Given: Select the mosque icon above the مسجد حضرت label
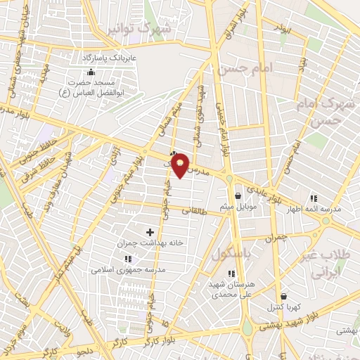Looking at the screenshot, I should (89, 71).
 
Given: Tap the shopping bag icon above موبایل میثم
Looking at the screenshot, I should (238, 195).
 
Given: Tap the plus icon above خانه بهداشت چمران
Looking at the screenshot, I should (150, 231).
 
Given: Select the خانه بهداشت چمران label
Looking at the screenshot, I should (150, 243).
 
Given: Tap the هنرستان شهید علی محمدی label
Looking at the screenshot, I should (229, 289).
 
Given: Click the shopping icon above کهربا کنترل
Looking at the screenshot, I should (283, 297).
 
